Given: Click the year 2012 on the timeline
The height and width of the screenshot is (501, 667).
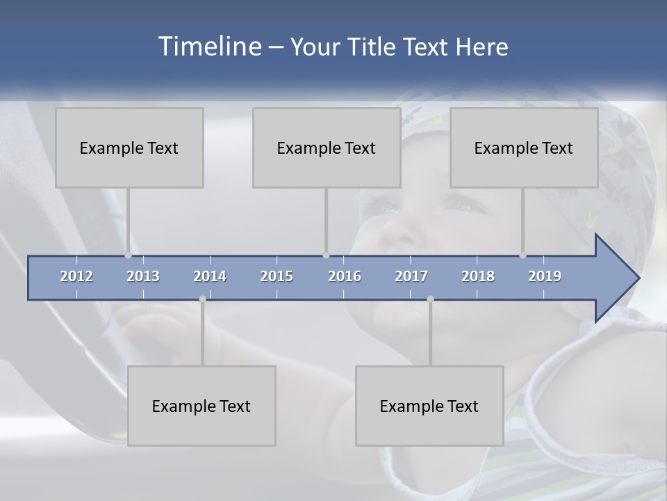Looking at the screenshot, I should [x=76, y=276].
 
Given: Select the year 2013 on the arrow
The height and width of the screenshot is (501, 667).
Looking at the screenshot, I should [x=143, y=276].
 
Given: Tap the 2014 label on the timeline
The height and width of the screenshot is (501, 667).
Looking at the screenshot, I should [x=210, y=276].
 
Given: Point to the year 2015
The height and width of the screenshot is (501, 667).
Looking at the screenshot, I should [x=277, y=276].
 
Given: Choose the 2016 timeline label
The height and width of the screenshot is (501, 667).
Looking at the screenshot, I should [x=345, y=276].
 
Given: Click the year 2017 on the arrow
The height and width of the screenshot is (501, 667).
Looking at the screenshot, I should [x=411, y=276].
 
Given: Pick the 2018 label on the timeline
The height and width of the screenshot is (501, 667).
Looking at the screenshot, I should [x=478, y=276].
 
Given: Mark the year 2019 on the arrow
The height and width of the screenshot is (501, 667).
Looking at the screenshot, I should [x=545, y=276].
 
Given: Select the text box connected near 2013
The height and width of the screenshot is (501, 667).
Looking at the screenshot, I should [x=129, y=148].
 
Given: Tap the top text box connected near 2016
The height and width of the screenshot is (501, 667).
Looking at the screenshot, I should [x=327, y=148].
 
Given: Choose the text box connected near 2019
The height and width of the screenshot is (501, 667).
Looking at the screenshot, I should [x=524, y=148].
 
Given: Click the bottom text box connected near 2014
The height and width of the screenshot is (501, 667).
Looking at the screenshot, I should [x=201, y=406].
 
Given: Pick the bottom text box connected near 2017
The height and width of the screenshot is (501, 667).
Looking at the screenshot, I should [x=429, y=406].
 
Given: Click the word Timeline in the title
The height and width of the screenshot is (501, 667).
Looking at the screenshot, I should [x=208, y=47].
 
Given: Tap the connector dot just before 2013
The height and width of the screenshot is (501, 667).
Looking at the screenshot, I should [x=128, y=255].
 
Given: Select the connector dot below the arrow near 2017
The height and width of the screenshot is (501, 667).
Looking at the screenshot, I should [x=430, y=299].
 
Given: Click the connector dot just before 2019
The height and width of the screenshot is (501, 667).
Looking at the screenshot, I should [x=522, y=255].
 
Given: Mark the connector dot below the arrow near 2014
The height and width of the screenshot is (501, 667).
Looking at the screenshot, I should [x=202, y=299].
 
